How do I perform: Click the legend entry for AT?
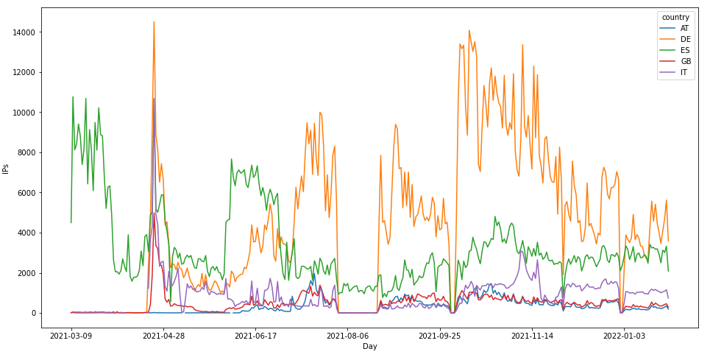684,28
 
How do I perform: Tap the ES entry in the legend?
684,50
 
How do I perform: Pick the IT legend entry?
684,72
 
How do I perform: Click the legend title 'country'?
675,17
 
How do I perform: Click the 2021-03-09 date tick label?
71,336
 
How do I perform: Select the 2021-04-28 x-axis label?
163,336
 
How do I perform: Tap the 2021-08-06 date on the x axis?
347,336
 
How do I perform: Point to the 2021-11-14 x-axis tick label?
532,336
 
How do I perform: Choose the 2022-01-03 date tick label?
624,336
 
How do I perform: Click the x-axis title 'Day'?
369,347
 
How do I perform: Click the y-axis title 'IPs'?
6,168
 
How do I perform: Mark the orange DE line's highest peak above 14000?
154,22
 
